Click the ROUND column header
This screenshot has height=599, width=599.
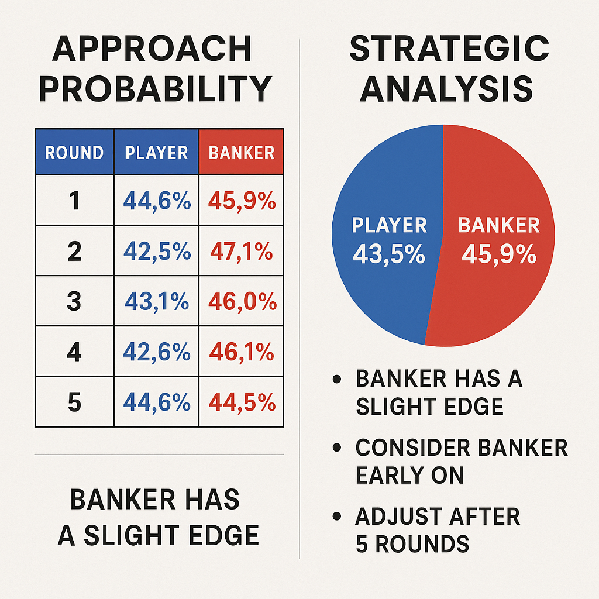[x=74, y=152]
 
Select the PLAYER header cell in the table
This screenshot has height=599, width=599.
[x=157, y=152]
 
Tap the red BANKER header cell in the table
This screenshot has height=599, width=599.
[x=242, y=152]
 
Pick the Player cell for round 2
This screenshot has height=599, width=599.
[x=157, y=251]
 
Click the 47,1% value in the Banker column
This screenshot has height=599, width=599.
[x=242, y=251]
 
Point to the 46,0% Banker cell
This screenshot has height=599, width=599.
[x=242, y=301]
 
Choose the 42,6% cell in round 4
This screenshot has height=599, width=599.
[x=157, y=352]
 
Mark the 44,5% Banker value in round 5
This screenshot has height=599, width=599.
[x=242, y=402]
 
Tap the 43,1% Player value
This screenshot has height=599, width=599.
[x=157, y=301]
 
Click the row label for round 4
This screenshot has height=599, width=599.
[x=74, y=352]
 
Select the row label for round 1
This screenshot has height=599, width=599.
[x=74, y=201]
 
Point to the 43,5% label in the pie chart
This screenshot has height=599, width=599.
[x=389, y=254]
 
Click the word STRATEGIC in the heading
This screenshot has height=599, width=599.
[x=449, y=49]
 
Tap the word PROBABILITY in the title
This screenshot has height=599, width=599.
[x=156, y=89]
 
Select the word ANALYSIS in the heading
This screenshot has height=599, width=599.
[x=446, y=89]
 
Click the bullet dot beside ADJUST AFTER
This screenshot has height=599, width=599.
[x=336, y=517]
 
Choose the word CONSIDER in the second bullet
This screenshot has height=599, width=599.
[x=412, y=447]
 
